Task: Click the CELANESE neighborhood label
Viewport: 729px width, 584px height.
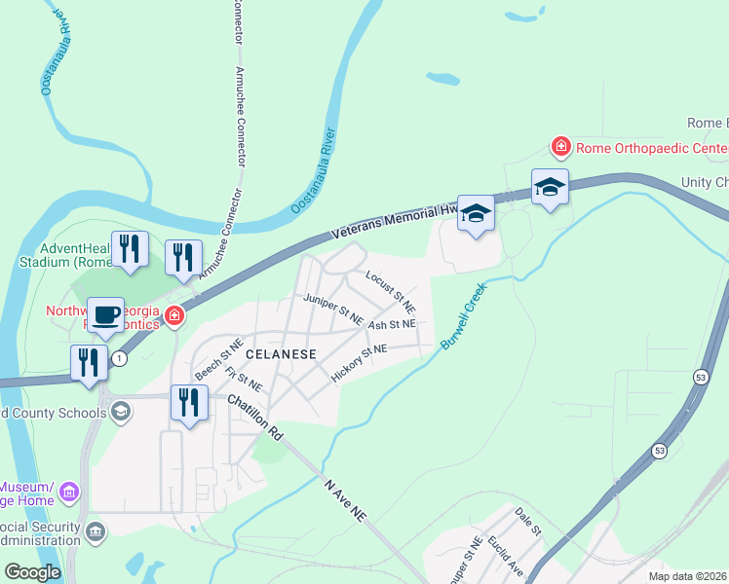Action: (x=281, y=354)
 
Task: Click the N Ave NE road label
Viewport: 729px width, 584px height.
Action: (x=345, y=493)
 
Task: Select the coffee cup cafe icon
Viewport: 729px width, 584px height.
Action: (x=105, y=315)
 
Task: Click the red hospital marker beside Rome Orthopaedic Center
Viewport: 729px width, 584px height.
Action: (x=560, y=148)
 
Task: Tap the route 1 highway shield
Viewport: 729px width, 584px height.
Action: (x=119, y=358)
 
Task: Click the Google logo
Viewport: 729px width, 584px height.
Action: (x=32, y=572)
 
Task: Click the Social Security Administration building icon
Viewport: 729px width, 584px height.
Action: (x=96, y=530)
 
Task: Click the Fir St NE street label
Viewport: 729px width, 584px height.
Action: (x=243, y=378)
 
